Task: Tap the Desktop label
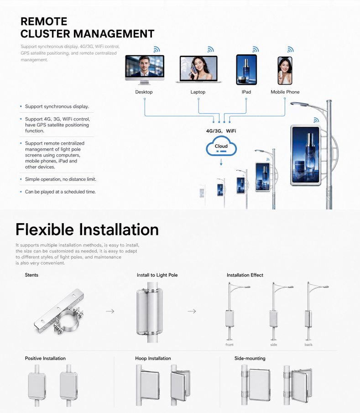(144, 92)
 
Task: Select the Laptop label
(198, 92)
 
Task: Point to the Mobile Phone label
(285, 92)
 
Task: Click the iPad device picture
(246, 69)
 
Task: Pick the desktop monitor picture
(145, 70)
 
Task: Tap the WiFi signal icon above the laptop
(210, 49)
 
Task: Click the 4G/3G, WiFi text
(221, 131)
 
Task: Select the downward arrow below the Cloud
(221, 162)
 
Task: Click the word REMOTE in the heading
(44, 21)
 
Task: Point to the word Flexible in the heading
(45, 229)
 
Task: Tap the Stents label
(31, 275)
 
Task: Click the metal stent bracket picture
(59, 311)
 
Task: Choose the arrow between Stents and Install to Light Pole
(110, 311)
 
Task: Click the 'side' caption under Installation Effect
(274, 345)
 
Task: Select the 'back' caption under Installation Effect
(308, 345)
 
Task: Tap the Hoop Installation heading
(153, 358)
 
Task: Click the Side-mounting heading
(250, 358)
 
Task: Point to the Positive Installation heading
(45, 358)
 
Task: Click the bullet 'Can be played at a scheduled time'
(60, 192)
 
